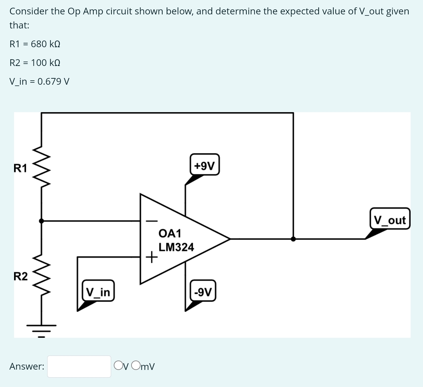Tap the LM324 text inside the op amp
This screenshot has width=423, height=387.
pos(176,247)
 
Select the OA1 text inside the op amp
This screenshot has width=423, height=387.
pos(170,233)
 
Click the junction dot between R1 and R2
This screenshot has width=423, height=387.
pos(41,221)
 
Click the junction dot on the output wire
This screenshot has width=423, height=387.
pos(293,239)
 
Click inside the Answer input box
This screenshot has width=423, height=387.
pos(79,366)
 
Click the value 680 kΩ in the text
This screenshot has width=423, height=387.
pos(46,44)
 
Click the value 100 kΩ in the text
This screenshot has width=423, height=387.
pos(46,63)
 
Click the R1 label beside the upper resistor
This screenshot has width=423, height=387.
pos(20,168)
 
